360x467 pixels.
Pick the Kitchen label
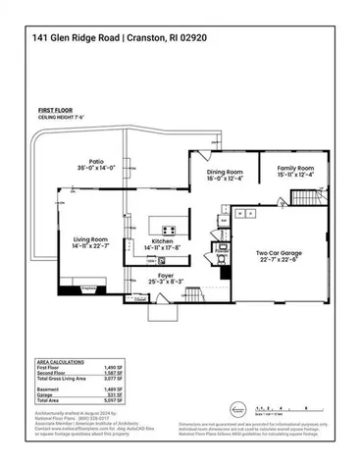coord(163,245)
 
